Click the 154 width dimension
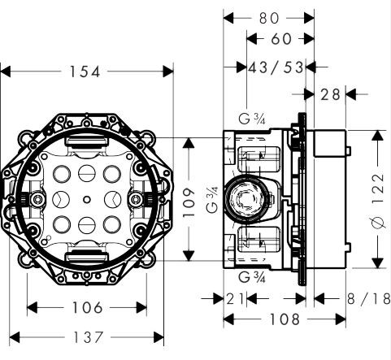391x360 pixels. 86,72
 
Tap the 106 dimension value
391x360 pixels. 87,308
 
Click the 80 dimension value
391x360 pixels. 270,15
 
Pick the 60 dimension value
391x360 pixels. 280,39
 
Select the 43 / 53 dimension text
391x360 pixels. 276,67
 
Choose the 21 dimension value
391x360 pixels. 236,298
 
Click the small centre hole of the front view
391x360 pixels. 86,199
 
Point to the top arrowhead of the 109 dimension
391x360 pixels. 189,141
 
